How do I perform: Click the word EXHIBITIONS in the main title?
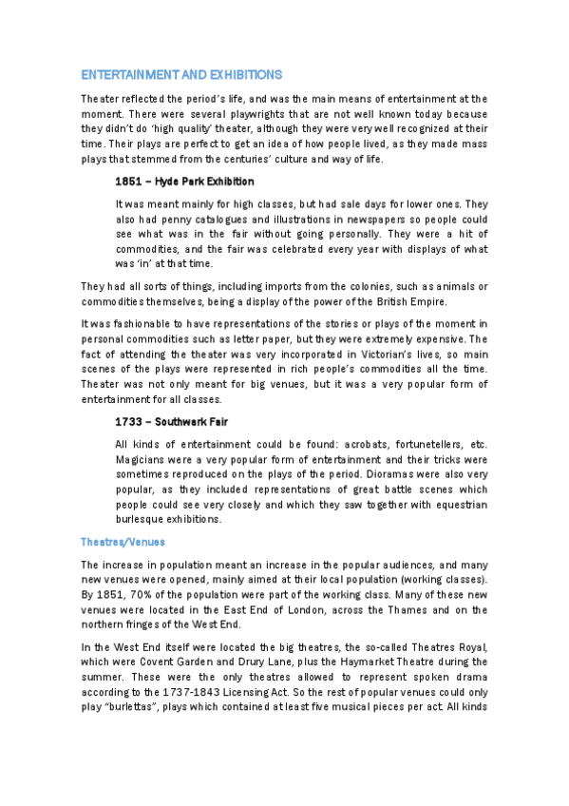point(239,74)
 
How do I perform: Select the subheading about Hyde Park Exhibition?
point(184,181)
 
